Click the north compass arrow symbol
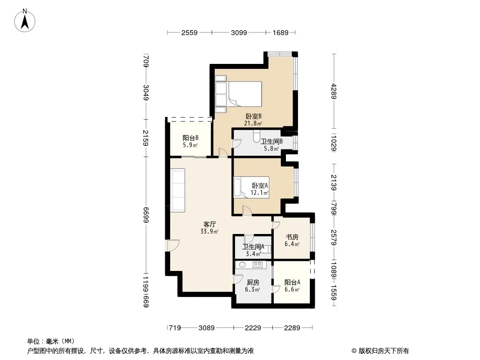25,21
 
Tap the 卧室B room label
254,116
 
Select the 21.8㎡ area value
253,124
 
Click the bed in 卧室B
239,94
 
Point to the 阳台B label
190,138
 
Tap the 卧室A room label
260,186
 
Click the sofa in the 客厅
177,190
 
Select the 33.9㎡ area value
209,232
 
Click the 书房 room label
292,237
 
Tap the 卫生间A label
253,247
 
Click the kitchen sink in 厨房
242,265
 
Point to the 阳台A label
292,282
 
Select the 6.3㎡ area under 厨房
253,290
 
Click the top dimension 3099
239,32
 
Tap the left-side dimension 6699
146,215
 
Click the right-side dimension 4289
334,91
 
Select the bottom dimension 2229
253,328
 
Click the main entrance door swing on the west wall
172,245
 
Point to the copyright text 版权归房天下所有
384,351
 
